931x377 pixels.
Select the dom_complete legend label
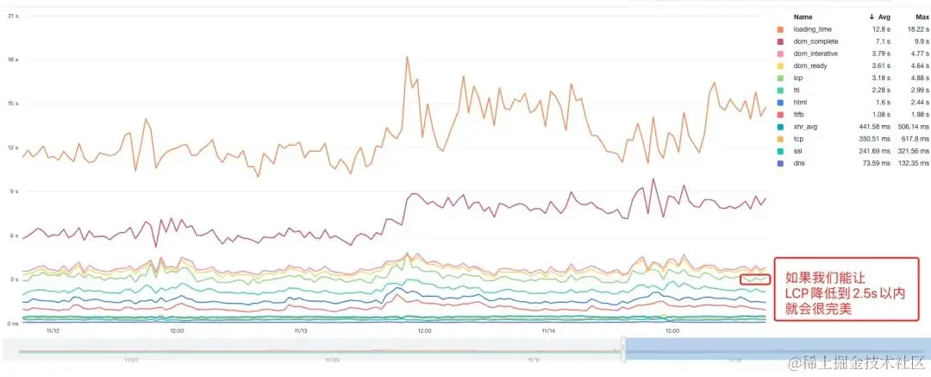tap(815, 41)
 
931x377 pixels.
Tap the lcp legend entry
tap(798, 78)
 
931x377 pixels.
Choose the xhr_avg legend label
tap(806, 126)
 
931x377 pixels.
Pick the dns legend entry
tap(799, 162)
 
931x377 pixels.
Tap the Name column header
tap(803, 16)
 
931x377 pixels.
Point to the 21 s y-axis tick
tap(13, 16)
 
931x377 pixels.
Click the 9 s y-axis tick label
tap(13, 192)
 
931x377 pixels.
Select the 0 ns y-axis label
tap(12, 324)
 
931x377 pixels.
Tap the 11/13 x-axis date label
tap(300, 330)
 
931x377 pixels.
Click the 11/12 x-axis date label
tap(52, 330)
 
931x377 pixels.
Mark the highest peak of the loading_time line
tap(407, 58)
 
